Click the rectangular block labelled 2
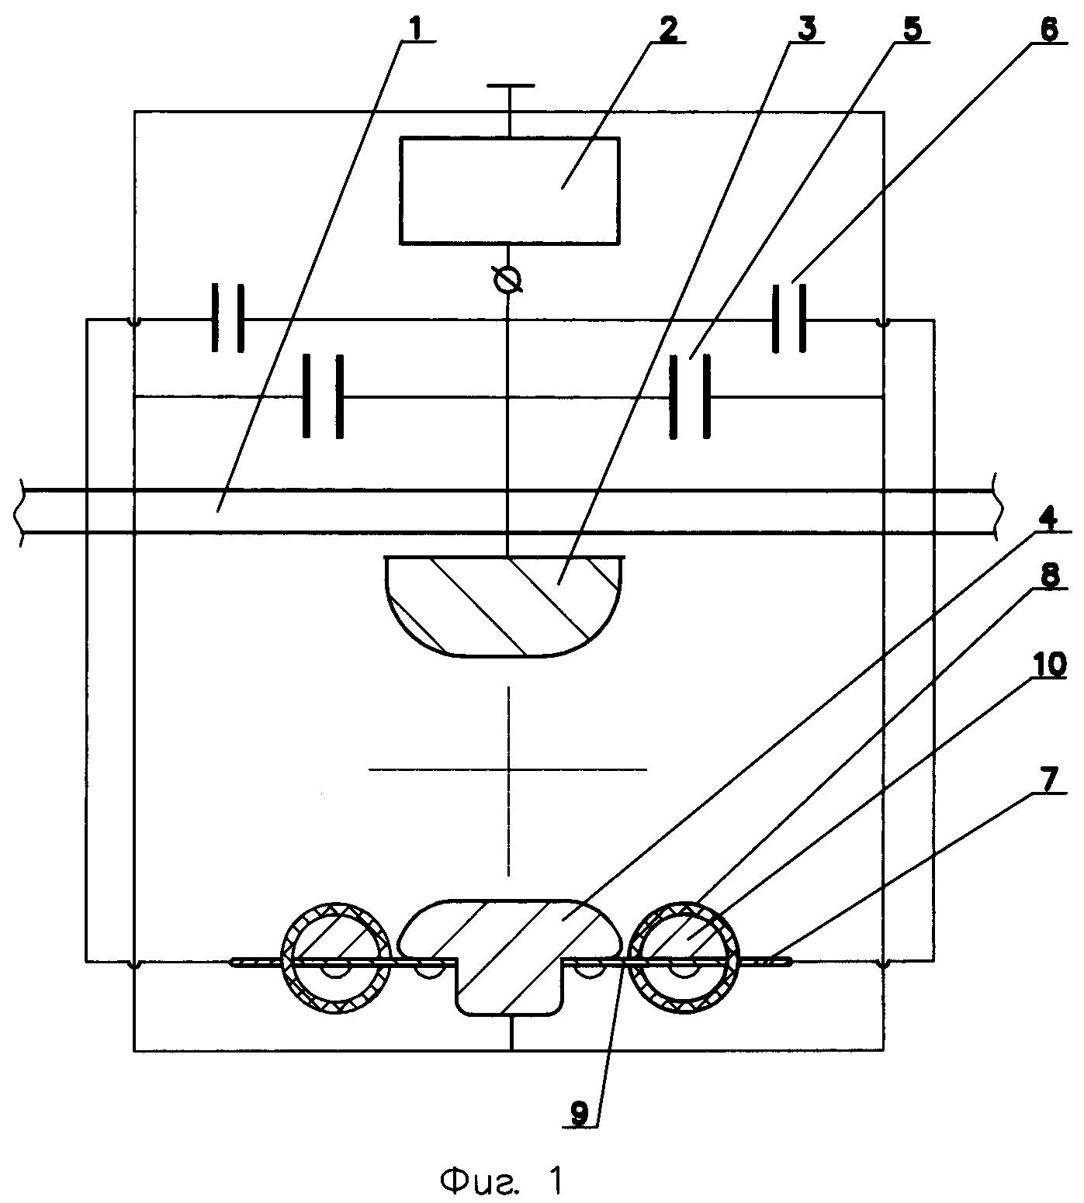pyautogui.click(x=509, y=190)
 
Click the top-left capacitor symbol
pyautogui.click(x=227, y=319)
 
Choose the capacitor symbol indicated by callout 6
pyautogui.click(x=788, y=319)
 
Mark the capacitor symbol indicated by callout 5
pyautogui.click(x=689, y=398)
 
